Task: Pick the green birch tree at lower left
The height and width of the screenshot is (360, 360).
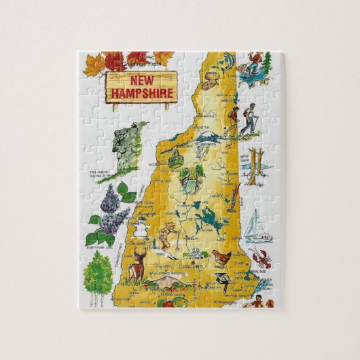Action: click(x=97, y=271)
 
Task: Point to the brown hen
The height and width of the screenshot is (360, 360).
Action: click(x=221, y=257)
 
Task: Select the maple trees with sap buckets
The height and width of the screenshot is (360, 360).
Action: click(x=255, y=166)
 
